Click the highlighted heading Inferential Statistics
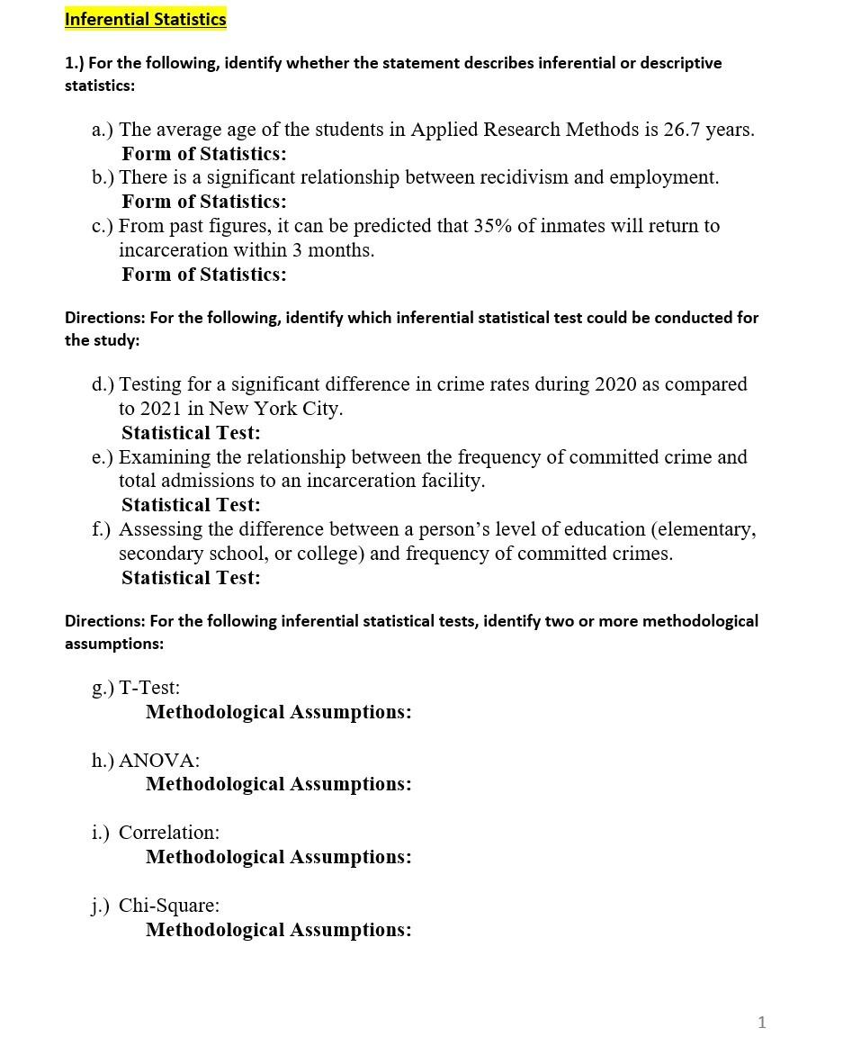coord(145,19)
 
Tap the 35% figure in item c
coord(492,226)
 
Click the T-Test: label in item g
coord(149,688)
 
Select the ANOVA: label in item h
coord(159,761)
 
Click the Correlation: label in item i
coord(168,833)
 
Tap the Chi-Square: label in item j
coord(168,906)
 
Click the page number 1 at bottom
coord(762,1022)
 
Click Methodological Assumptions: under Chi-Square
coord(278,930)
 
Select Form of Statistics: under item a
coord(204,154)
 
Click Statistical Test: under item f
coord(191,578)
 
